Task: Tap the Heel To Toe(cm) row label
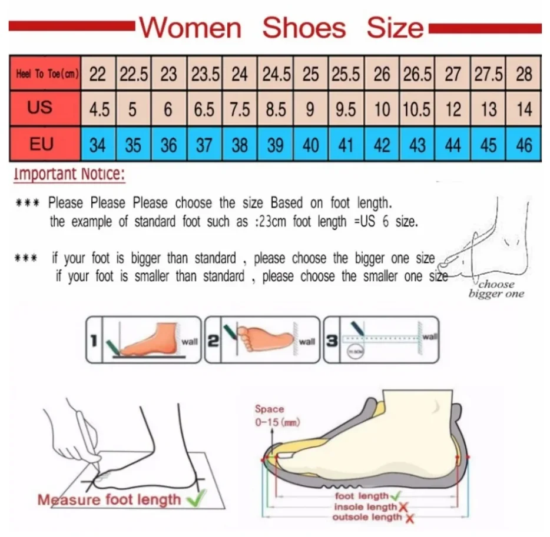pyautogui.click(x=45, y=74)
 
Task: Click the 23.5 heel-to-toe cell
pyautogui.click(x=204, y=74)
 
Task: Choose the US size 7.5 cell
pyautogui.click(x=240, y=109)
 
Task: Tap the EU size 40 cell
pyautogui.click(x=311, y=144)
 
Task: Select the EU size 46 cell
pyautogui.click(x=524, y=144)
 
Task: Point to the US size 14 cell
pyautogui.click(x=524, y=109)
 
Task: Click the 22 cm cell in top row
pyautogui.click(x=98, y=74)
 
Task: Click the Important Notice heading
pyautogui.click(x=69, y=174)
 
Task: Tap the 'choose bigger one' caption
pyautogui.click(x=496, y=289)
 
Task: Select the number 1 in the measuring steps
pyautogui.click(x=94, y=340)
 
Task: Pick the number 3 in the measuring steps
pyautogui.click(x=332, y=340)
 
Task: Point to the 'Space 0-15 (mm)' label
pyautogui.click(x=270, y=415)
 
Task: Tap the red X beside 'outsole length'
pyautogui.click(x=409, y=518)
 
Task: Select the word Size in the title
pyautogui.click(x=395, y=28)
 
